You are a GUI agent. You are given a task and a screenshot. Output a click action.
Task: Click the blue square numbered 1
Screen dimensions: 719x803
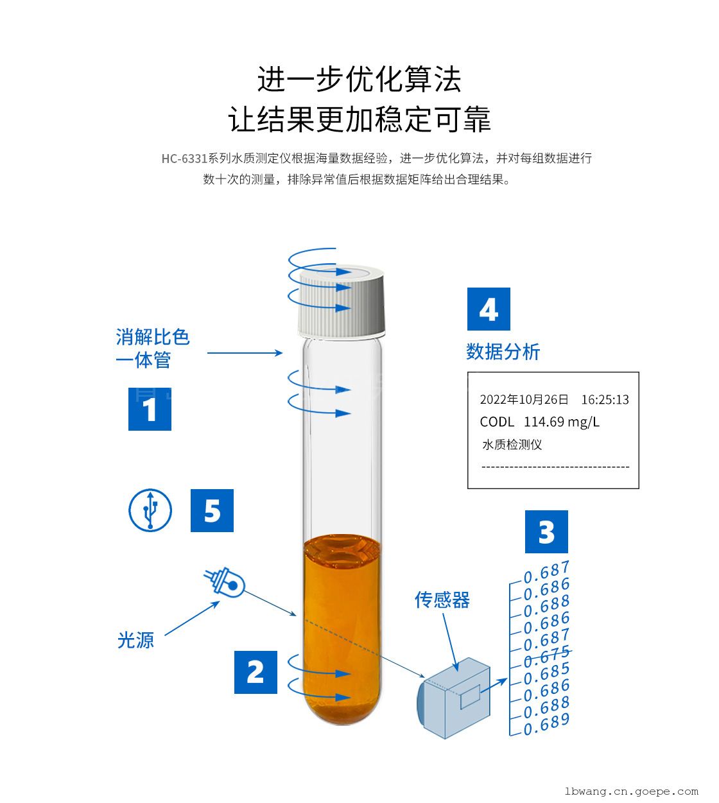(x=150, y=409)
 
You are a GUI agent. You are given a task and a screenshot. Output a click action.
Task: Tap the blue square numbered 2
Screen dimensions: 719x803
(x=256, y=672)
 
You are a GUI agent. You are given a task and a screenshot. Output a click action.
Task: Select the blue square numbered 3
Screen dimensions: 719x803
(x=546, y=532)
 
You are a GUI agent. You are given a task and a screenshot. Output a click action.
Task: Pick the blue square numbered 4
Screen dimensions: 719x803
(x=489, y=309)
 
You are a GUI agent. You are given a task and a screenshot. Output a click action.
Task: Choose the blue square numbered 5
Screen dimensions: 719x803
(x=212, y=510)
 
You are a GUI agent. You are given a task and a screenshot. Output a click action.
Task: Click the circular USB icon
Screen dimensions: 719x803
(x=150, y=510)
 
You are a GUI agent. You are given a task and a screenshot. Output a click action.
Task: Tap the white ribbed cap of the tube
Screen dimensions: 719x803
(x=342, y=301)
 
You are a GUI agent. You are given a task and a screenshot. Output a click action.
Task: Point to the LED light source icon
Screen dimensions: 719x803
(x=225, y=582)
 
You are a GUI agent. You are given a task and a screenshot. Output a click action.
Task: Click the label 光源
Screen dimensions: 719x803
(x=135, y=641)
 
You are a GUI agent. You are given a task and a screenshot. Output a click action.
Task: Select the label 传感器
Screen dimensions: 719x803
(x=442, y=600)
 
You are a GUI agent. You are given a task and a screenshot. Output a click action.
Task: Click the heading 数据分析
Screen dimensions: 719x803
(x=503, y=352)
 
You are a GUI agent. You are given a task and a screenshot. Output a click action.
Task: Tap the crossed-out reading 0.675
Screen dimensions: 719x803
(x=547, y=657)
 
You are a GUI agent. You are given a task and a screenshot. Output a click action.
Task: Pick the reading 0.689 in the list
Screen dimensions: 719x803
(x=546, y=725)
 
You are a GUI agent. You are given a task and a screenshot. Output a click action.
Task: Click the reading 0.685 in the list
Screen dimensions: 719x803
(x=546, y=674)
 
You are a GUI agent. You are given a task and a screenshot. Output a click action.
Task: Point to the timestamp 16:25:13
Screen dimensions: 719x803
(x=605, y=399)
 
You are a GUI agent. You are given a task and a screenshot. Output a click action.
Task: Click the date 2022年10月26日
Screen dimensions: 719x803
(x=524, y=399)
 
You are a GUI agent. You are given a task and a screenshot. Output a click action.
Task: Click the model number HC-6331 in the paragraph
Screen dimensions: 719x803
(x=184, y=159)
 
